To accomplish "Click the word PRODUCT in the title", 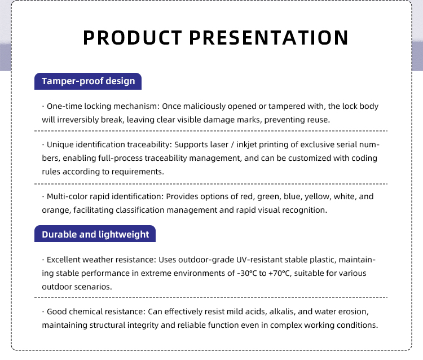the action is point(133,37).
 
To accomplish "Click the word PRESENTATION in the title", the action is point(269,37).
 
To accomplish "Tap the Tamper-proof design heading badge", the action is point(88,81).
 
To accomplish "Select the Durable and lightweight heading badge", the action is point(95,234).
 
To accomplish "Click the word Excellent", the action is point(63,260).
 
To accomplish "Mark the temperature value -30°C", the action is point(247,273).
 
